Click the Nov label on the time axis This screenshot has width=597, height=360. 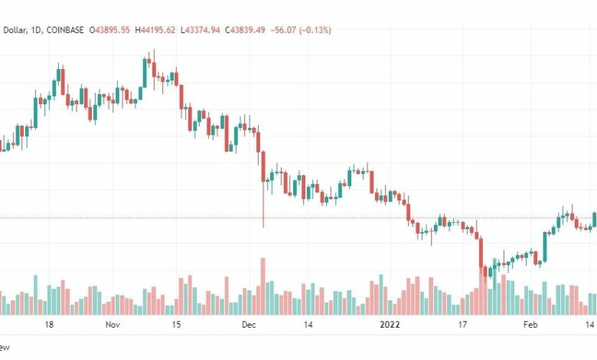point(113,325)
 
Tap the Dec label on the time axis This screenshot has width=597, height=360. point(249,325)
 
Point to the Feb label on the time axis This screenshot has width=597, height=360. point(530,325)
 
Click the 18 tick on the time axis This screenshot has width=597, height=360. point(48,325)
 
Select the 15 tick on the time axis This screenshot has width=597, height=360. point(176,325)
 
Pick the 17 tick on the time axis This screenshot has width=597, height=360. point(462,325)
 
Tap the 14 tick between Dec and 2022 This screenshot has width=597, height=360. point(308,325)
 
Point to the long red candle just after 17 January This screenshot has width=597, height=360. point(481,253)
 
